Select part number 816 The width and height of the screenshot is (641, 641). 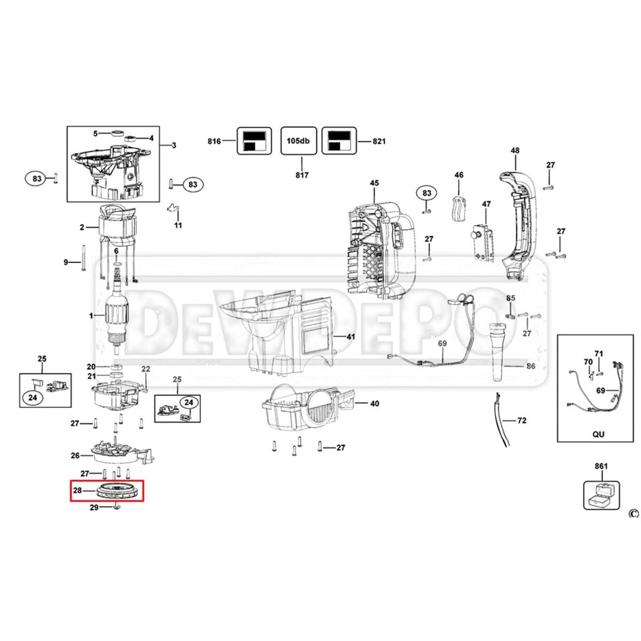coord(214,142)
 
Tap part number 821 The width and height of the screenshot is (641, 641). coord(379,142)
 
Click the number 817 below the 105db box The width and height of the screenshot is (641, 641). coord(301,175)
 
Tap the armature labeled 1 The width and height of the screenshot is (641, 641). coord(119,317)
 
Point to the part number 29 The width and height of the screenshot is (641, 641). coord(94,508)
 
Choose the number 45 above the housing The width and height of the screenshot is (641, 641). coord(374,184)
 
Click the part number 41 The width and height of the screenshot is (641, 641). coord(351,337)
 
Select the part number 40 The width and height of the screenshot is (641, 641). coord(374,403)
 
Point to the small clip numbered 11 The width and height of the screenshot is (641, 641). coord(175,209)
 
